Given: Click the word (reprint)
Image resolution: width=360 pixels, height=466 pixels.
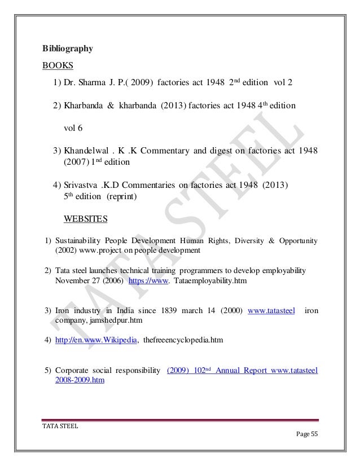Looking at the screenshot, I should point(118,197).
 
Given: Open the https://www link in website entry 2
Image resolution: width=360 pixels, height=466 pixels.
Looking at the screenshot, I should point(149,280).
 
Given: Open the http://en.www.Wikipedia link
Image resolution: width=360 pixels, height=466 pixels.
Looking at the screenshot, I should point(96,340).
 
